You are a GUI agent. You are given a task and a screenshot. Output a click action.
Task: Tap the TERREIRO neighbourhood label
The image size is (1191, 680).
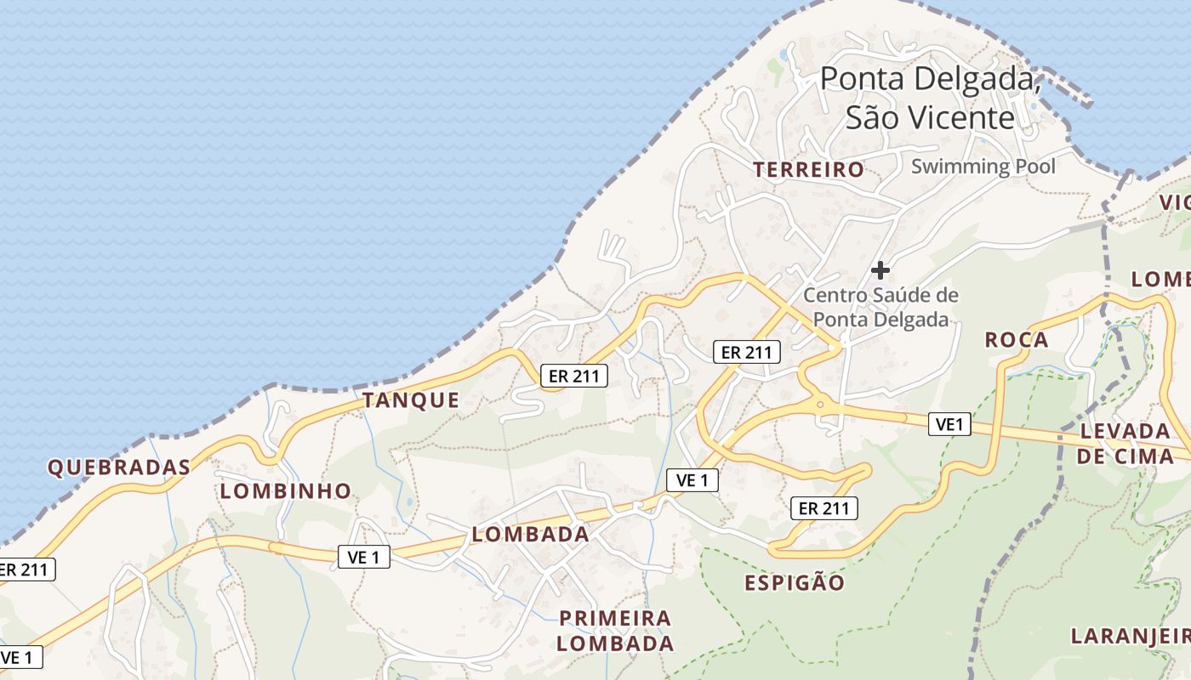808,170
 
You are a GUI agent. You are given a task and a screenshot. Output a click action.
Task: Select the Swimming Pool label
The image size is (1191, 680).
983,166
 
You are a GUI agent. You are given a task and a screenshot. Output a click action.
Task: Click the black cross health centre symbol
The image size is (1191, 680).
880,270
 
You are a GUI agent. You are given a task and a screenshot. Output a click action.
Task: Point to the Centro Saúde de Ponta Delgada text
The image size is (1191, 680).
880,307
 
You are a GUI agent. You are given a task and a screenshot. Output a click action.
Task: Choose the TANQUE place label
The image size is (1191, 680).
412,400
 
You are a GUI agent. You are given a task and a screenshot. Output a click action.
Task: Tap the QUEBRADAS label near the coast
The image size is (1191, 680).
119,467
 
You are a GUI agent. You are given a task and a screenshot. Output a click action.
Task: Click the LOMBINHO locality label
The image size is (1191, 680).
286,490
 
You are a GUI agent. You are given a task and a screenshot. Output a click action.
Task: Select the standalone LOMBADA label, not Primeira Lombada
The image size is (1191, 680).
530,535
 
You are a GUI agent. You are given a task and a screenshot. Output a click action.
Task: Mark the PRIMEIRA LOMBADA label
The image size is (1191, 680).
616,630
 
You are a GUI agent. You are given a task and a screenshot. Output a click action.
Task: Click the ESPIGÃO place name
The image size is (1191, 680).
795,582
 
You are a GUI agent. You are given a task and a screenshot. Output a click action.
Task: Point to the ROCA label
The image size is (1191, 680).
1017,340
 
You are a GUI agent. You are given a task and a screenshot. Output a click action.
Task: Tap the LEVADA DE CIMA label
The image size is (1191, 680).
1125,443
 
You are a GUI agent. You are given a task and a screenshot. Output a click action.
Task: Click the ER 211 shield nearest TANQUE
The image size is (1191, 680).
574,376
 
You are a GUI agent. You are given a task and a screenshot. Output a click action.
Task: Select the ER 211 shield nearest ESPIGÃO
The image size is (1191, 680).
823,508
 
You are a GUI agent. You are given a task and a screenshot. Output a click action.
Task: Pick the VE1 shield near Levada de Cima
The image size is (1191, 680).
949,423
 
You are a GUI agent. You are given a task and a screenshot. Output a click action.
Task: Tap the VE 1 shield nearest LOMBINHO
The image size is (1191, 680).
364,557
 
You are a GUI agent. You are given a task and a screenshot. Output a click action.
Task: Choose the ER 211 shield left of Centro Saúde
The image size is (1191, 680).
746,352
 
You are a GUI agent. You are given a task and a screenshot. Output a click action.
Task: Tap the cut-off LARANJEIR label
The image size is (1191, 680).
1130,636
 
